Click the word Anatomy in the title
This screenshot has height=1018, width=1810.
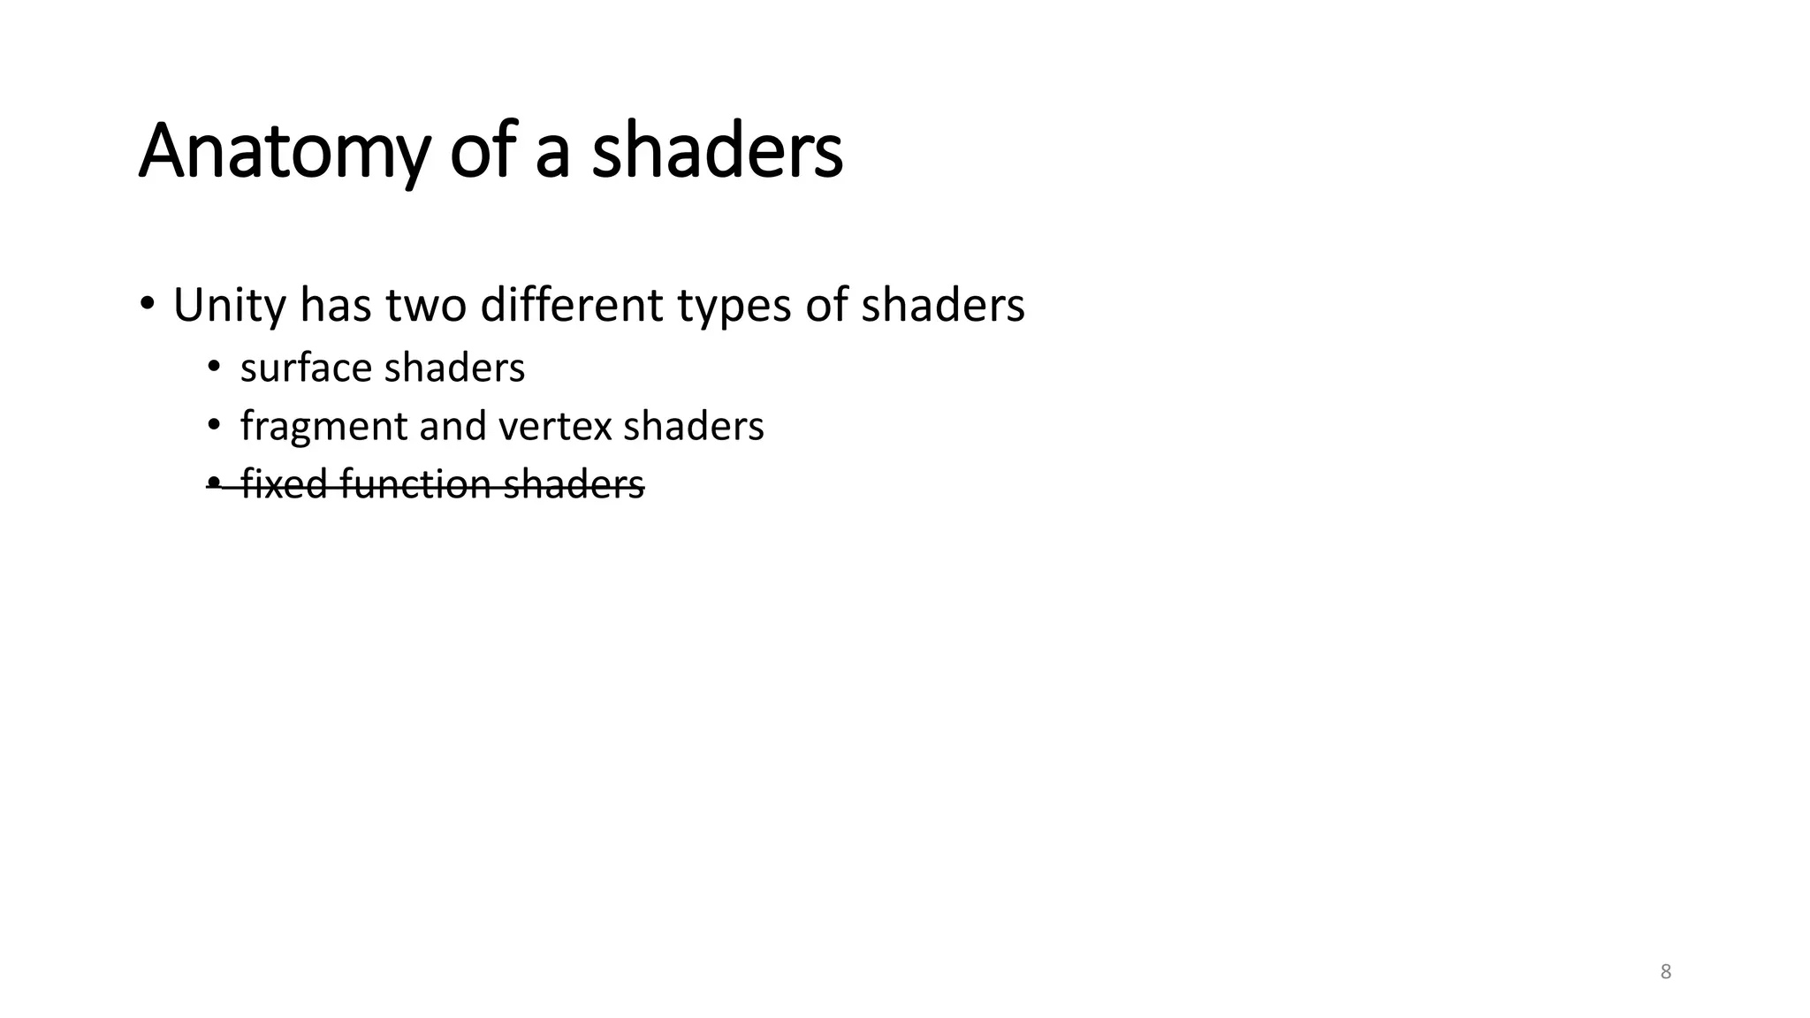(284, 152)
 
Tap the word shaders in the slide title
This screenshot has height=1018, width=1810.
(717, 152)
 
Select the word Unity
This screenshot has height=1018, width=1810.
(230, 306)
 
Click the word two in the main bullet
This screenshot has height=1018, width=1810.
(428, 306)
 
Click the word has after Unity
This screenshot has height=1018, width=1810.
(335, 306)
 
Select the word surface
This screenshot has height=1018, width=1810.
(306, 368)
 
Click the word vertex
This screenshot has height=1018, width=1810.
(555, 427)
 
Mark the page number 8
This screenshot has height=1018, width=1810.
(1666, 972)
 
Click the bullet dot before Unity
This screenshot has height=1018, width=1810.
(147, 304)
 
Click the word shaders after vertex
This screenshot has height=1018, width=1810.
(693, 426)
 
